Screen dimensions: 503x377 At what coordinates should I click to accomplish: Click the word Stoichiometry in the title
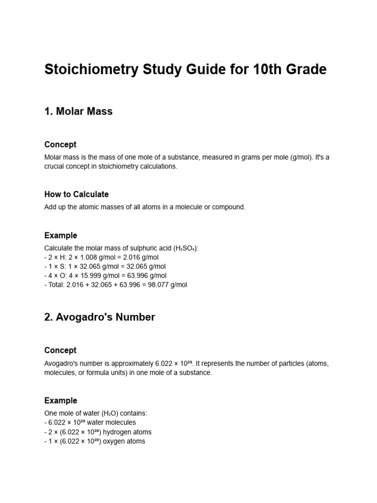tap(84, 70)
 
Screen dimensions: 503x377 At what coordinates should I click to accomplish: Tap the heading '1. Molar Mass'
tap(79, 112)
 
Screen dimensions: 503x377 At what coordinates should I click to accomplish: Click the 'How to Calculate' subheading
tap(77, 195)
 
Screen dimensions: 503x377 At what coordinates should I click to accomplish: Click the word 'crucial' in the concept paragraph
tap(55, 167)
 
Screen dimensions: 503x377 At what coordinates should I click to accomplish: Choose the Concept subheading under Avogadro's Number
tap(60, 351)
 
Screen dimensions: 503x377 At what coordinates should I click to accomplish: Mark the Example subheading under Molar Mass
tap(61, 236)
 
